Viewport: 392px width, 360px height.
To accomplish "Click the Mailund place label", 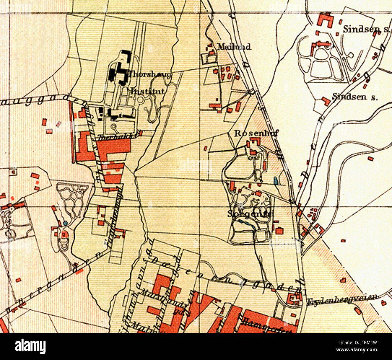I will tap(234, 47).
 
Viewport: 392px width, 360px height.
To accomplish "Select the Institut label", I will tap(147, 91).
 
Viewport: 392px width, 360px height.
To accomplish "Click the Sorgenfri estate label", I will tap(250, 214).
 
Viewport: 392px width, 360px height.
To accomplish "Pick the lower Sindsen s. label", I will tap(355, 97).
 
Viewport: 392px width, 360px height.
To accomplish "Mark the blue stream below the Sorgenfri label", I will tap(246, 223).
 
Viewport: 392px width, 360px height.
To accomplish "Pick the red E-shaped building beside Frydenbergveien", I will tap(292, 299).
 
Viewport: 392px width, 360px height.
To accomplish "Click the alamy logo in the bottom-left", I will tap(30, 346).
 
